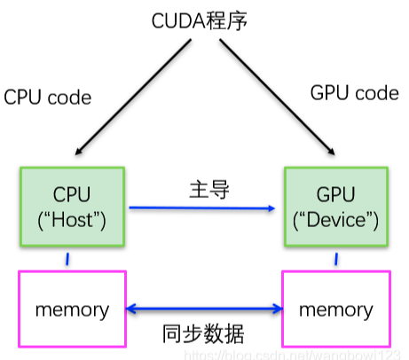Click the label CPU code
48,97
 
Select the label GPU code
354,93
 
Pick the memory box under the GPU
336,309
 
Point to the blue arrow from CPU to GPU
201,208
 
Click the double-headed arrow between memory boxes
203,309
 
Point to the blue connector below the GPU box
336,260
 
